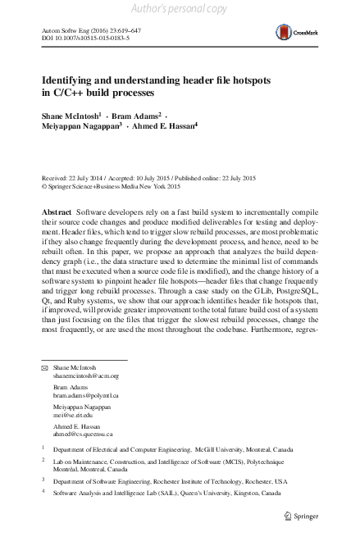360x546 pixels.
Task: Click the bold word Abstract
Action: (x=57, y=212)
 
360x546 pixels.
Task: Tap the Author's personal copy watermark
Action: (x=180, y=9)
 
